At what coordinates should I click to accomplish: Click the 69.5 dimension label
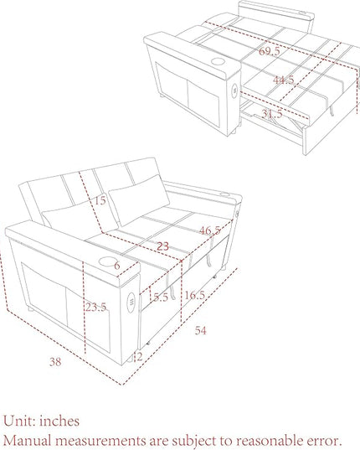click(269, 51)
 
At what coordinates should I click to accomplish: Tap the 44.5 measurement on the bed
click(283, 80)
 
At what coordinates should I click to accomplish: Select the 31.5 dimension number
click(272, 114)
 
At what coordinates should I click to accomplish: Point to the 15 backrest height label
click(100, 200)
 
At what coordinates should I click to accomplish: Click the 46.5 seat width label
click(210, 230)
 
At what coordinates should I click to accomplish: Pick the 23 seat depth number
click(162, 246)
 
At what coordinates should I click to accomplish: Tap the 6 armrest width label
click(117, 266)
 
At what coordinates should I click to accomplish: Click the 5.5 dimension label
click(161, 297)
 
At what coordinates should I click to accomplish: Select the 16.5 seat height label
click(194, 295)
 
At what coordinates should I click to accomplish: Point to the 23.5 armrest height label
click(96, 307)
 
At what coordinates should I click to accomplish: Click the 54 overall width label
click(200, 331)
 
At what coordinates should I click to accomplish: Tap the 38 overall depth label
click(55, 362)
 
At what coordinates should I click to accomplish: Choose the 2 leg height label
click(140, 357)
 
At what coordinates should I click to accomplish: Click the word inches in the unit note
click(59, 422)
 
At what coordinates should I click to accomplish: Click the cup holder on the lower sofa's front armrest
click(107, 261)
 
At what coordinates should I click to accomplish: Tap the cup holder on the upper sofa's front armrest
click(219, 61)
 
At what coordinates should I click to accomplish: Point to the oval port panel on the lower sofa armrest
click(131, 303)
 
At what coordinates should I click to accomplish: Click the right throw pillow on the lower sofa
click(139, 200)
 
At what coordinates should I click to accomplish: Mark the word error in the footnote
click(325, 441)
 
